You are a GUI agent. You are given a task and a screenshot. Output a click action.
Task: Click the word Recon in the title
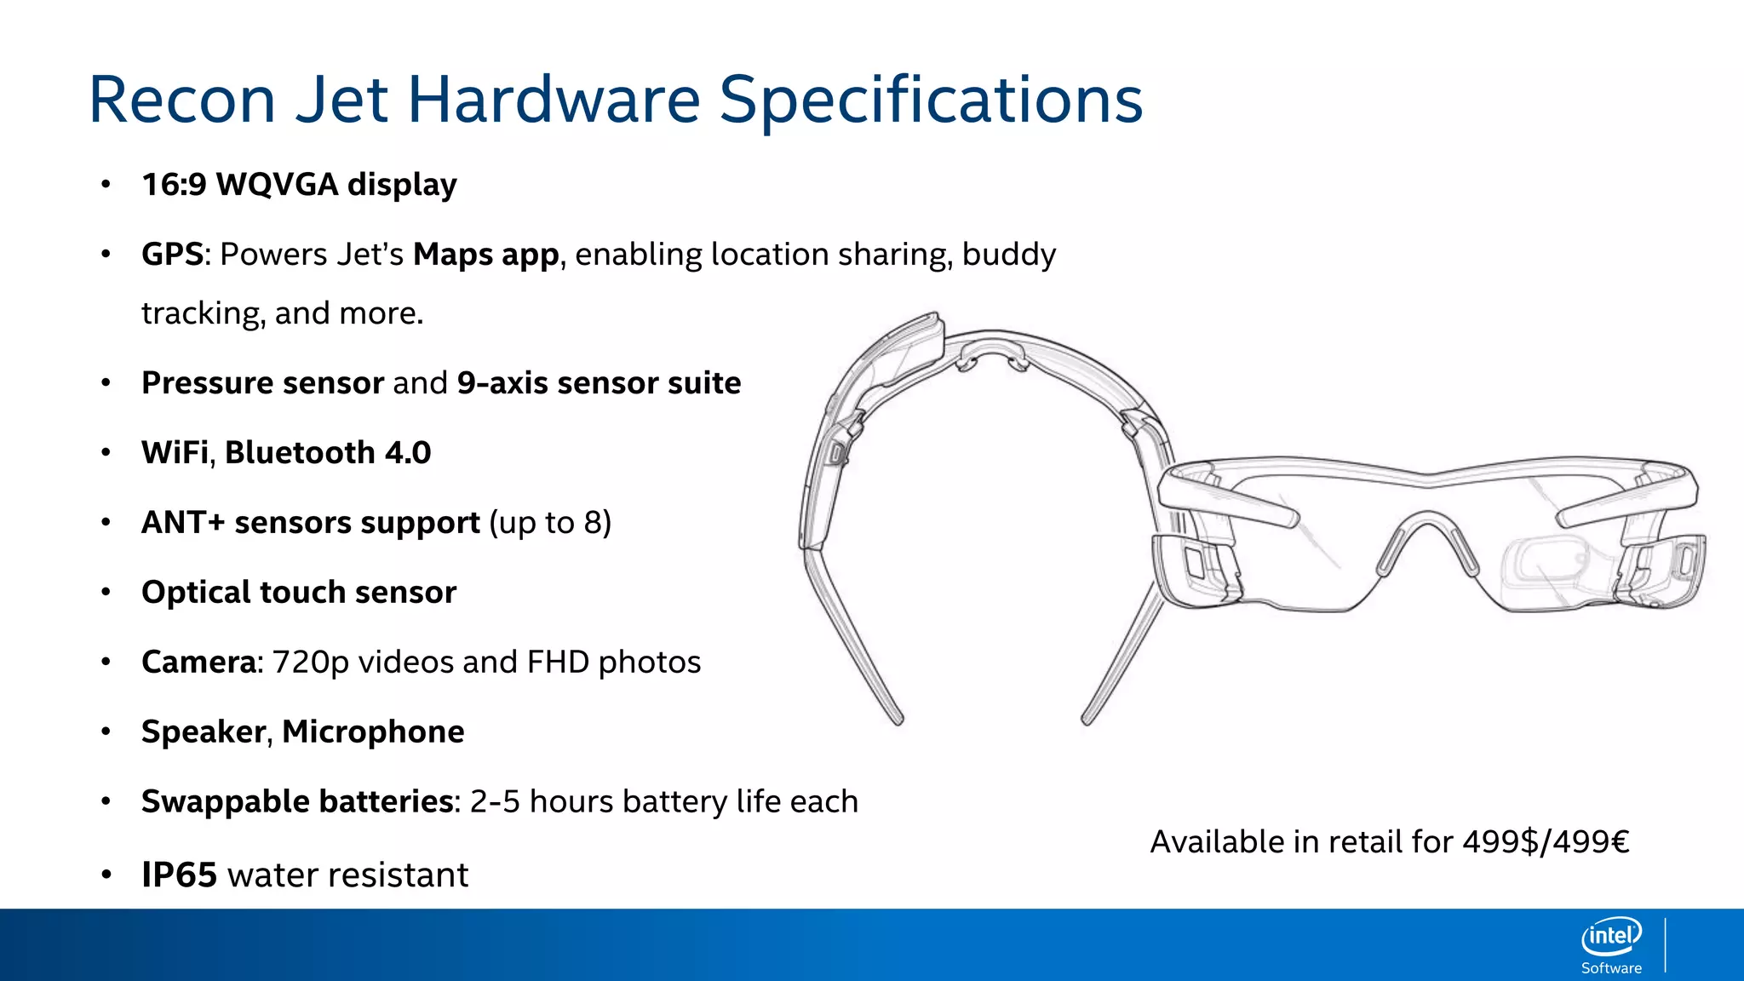coord(181,100)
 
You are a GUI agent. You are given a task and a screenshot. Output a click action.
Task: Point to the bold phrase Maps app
coord(485,255)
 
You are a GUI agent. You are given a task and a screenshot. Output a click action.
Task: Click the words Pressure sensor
coord(262,383)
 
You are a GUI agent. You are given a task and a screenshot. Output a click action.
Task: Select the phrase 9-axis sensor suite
coord(599,383)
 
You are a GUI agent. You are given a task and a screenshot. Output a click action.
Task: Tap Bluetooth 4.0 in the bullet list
coord(328,453)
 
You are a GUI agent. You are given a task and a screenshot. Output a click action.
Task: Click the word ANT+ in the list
coord(182,523)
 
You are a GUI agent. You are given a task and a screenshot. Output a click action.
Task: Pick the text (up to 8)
coord(550,523)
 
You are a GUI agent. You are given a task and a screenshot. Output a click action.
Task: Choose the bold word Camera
coord(198,663)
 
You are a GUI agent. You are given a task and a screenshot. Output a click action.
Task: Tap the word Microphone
coord(373,732)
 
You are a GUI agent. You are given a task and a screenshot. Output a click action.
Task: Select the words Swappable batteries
coord(297,802)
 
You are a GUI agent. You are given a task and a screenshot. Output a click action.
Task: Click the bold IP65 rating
coord(179,875)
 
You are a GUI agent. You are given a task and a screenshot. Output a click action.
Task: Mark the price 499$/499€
coord(1546,842)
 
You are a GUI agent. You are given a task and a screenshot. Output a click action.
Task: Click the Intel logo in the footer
coord(1611,937)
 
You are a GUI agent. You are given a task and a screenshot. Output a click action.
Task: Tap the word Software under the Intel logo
coord(1611,968)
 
